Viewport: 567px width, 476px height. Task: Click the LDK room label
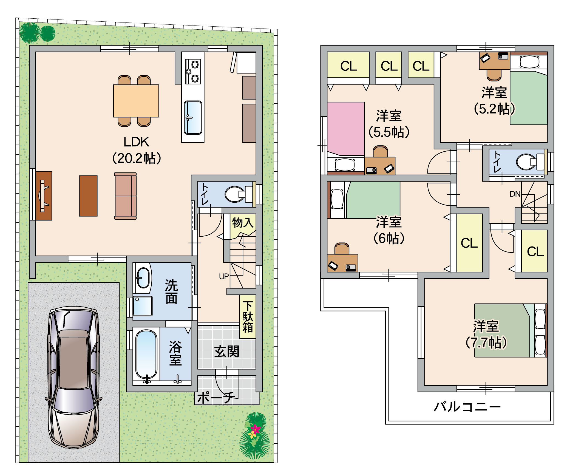point(137,142)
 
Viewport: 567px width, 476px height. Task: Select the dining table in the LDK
point(136,101)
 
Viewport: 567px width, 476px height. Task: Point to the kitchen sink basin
point(193,118)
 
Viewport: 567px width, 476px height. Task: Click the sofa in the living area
point(125,196)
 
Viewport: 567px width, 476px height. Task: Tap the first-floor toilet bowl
point(235,194)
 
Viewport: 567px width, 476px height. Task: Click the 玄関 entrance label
point(227,352)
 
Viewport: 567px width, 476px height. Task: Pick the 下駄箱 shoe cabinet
point(248,317)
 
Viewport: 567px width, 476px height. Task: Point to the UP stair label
point(224,276)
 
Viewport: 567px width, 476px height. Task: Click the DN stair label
point(515,194)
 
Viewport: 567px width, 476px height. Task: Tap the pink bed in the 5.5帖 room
point(346,129)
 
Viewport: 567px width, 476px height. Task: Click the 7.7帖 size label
point(486,342)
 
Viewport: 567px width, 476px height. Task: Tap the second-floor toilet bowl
point(526,162)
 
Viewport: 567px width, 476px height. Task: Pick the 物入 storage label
point(243,222)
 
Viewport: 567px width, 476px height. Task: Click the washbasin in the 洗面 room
point(143,278)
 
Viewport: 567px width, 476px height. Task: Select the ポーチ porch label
point(216,398)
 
